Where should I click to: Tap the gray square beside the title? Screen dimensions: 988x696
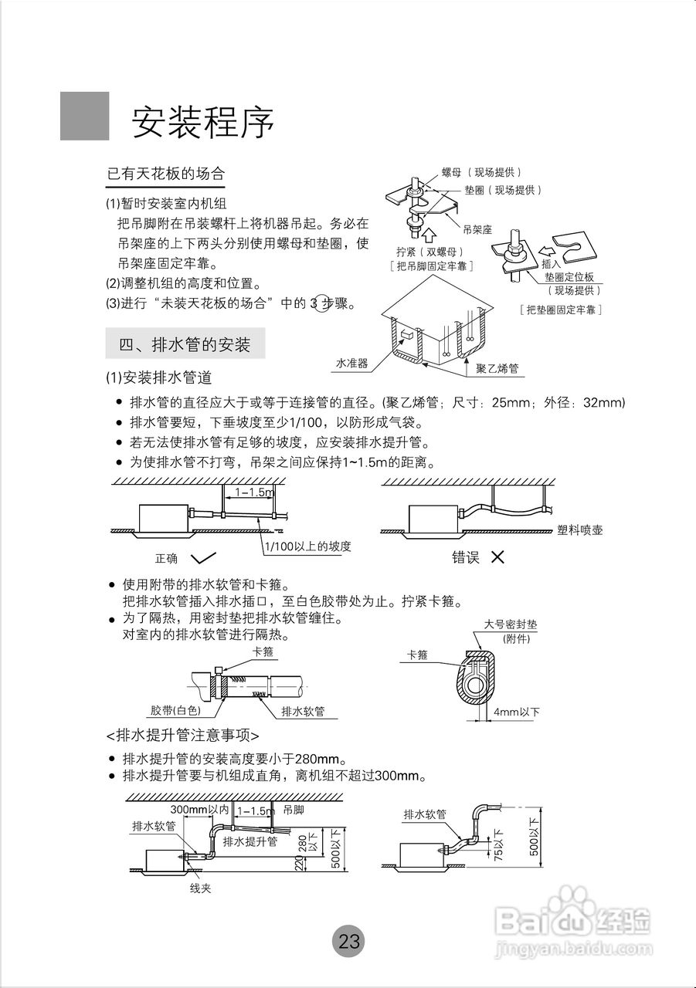point(85,116)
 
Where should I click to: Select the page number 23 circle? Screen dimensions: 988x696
point(348,941)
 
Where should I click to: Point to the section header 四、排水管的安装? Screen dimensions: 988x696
point(185,344)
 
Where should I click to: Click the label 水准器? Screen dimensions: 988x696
point(351,362)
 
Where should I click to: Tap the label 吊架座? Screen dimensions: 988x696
point(477,229)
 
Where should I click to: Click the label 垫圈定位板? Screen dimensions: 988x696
point(569,277)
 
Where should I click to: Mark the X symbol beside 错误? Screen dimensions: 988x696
point(497,557)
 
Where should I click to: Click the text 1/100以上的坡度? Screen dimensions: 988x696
point(307,546)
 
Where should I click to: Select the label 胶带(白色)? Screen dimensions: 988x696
point(175,710)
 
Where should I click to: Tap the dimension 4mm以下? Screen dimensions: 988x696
point(517,712)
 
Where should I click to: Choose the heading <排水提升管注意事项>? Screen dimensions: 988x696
point(182,733)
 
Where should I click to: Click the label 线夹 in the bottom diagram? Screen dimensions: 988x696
point(201,888)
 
